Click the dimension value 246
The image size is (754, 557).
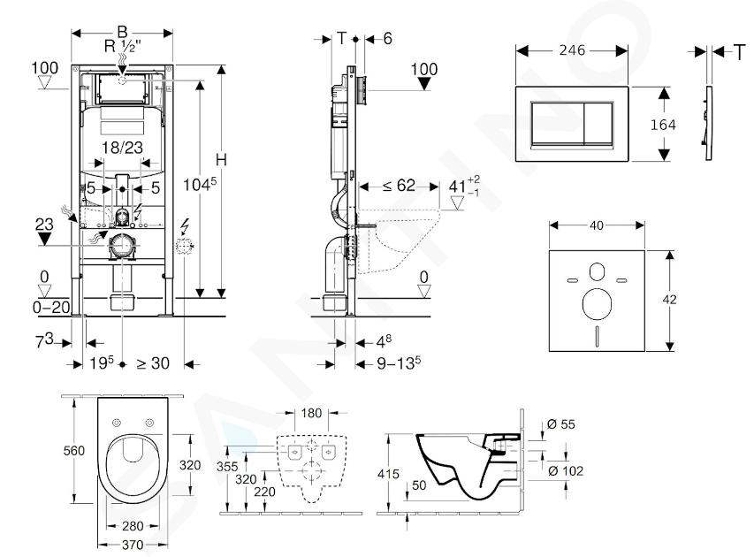click(x=571, y=52)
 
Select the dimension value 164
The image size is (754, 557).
click(x=662, y=125)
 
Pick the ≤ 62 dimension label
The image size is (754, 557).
click(x=400, y=186)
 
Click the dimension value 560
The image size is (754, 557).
click(x=73, y=451)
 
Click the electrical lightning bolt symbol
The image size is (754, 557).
click(x=187, y=225)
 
